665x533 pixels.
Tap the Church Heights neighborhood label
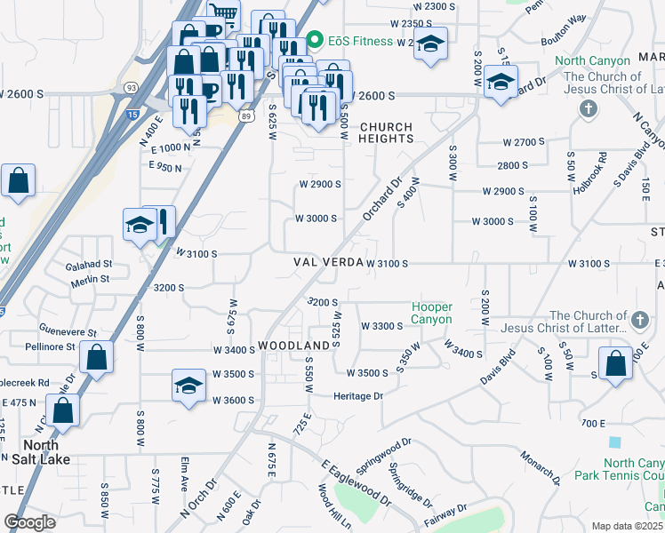(387, 132)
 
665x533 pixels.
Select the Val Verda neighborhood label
(328, 263)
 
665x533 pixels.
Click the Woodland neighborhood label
(294, 345)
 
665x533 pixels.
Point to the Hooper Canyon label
(432, 314)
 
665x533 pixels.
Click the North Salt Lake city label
(35, 452)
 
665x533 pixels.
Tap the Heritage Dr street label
(358, 396)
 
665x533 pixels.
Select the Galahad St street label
(89, 264)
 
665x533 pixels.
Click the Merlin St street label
(92, 279)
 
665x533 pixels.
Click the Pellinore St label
(50, 346)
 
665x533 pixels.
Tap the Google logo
(30, 522)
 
